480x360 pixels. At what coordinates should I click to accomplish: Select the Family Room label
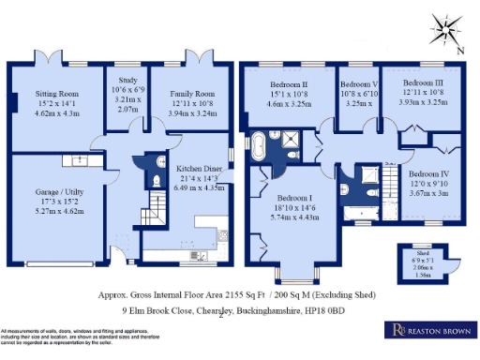pos(191,95)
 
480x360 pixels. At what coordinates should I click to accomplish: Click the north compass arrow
pos(449,37)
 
